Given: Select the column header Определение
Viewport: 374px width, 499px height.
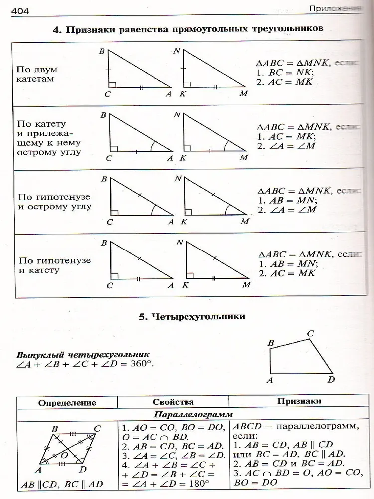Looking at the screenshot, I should coord(67,402).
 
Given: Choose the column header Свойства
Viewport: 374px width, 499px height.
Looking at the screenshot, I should coord(173,402).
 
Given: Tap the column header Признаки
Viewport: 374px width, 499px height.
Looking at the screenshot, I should coord(299,401).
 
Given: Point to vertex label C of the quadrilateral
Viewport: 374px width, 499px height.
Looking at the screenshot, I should coord(310,333).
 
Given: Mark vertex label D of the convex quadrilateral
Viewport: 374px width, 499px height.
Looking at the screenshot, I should coord(331,380).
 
